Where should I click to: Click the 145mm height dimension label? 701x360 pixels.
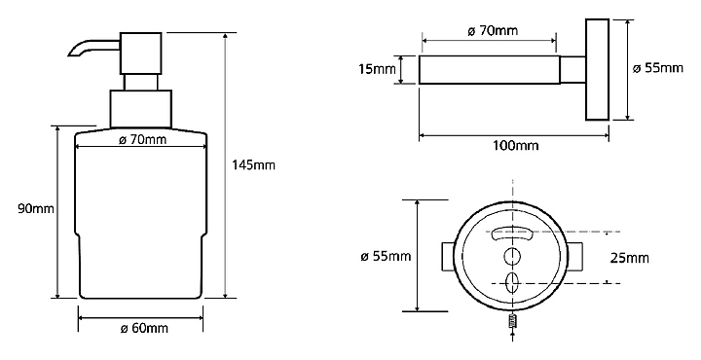tap(253, 165)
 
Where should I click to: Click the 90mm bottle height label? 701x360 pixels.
tap(36, 208)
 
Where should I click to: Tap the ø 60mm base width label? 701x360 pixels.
tap(144, 329)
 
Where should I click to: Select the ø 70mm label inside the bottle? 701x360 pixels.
tap(142, 140)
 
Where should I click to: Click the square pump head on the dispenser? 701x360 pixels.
tap(141, 54)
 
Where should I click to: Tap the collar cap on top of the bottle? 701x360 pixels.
tap(141, 109)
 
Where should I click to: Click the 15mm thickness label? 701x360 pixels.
tap(377, 70)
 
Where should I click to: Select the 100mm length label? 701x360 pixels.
tap(515, 146)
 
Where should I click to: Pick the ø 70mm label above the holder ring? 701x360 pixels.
tap(493, 31)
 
